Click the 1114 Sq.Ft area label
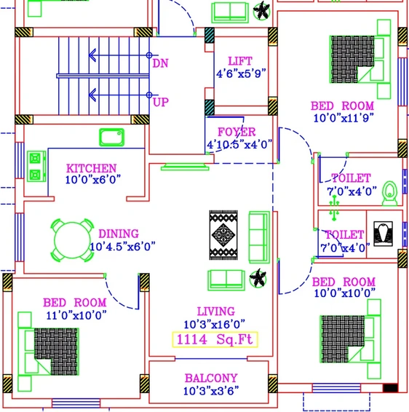[x=215, y=339]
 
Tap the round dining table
[x=72, y=240]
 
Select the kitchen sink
[x=111, y=137]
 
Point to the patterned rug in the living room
[x=223, y=235]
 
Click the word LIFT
[x=240, y=61]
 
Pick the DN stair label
[x=160, y=63]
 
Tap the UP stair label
[x=161, y=102]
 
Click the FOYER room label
[x=237, y=132]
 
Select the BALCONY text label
[x=211, y=378]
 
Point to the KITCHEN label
[x=92, y=168]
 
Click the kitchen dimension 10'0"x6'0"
[x=93, y=180]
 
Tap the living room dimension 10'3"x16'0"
[x=215, y=325]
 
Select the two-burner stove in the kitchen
[x=36, y=166]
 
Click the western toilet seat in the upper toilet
[x=390, y=193]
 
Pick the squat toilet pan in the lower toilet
[x=384, y=234]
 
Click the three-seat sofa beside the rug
[x=259, y=237]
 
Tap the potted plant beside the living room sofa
[x=258, y=278]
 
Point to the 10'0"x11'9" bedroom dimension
[x=344, y=118]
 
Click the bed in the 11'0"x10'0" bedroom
[x=56, y=352]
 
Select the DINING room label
[x=119, y=234]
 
